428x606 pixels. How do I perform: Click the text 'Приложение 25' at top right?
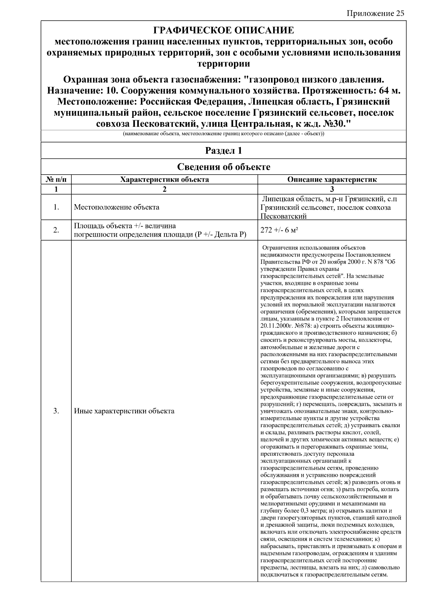point(375,14)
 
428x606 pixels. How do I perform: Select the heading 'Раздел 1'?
point(223,151)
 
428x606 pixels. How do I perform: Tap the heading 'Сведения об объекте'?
point(223,167)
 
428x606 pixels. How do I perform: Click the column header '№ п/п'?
point(56,180)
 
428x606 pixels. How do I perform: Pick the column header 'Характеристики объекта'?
point(164,180)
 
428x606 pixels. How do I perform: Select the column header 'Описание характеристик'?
point(332,180)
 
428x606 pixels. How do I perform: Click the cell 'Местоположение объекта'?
point(116,207)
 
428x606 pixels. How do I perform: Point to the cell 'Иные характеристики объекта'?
point(124,411)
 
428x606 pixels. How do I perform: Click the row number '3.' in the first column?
point(56,411)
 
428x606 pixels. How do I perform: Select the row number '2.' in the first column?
point(56,230)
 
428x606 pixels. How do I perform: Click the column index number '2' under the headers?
point(164,189)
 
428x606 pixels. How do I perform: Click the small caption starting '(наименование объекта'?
point(223,134)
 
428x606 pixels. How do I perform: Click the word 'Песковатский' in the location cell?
point(284,216)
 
